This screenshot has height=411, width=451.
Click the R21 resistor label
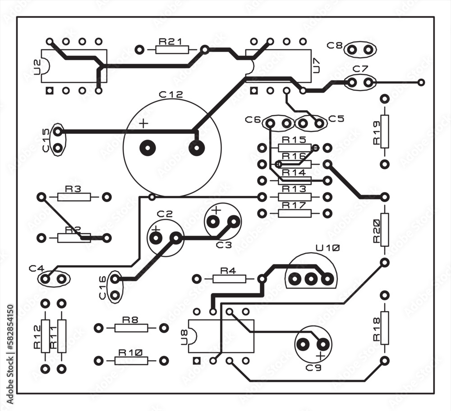coord(170,41)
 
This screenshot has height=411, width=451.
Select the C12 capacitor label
coord(171,95)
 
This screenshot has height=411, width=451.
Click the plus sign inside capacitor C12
coord(143,124)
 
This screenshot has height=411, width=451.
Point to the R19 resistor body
coord(384,131)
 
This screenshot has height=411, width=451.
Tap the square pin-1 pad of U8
coord(196,361)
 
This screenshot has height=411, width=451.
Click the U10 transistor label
coord(328,248)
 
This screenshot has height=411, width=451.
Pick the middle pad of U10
coord(310,279)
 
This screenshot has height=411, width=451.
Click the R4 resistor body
coord(229,279)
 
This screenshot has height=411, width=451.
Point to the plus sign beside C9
coord(320,356)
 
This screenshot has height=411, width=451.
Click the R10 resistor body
coord(131,361)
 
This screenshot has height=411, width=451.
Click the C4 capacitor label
coord(37,268)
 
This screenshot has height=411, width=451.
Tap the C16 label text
coord(103,287)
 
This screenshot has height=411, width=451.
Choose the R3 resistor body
coord(74,197)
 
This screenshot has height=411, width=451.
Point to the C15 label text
coord(46,140)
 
